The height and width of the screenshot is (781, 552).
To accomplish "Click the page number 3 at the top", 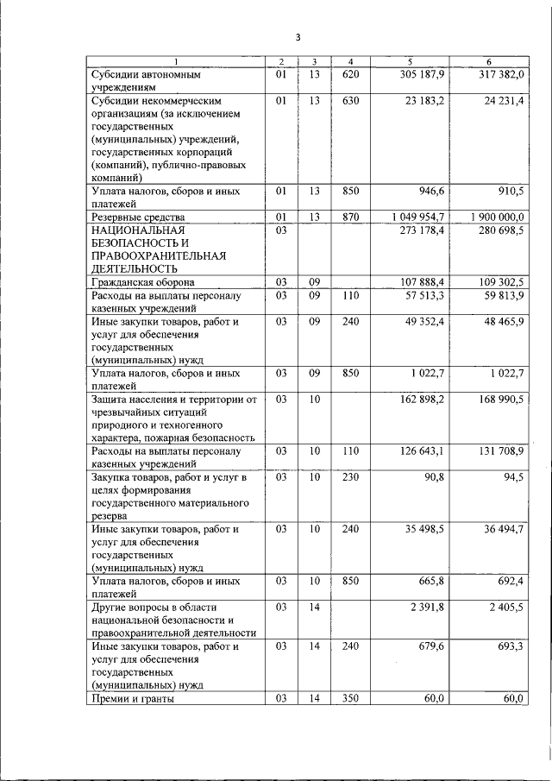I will [x=297, y=38].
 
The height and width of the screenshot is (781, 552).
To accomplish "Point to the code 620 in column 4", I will [x=350, y=75].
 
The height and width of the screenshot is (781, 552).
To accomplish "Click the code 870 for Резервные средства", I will [x=350, y=217].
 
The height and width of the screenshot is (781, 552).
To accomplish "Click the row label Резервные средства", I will [x=139, y=217].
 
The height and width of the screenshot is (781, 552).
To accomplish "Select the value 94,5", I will [x=514, y=477].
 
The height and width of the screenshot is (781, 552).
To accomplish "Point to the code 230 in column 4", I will [x=350, y=477].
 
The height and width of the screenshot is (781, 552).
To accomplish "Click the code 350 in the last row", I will [x=350, y=699].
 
